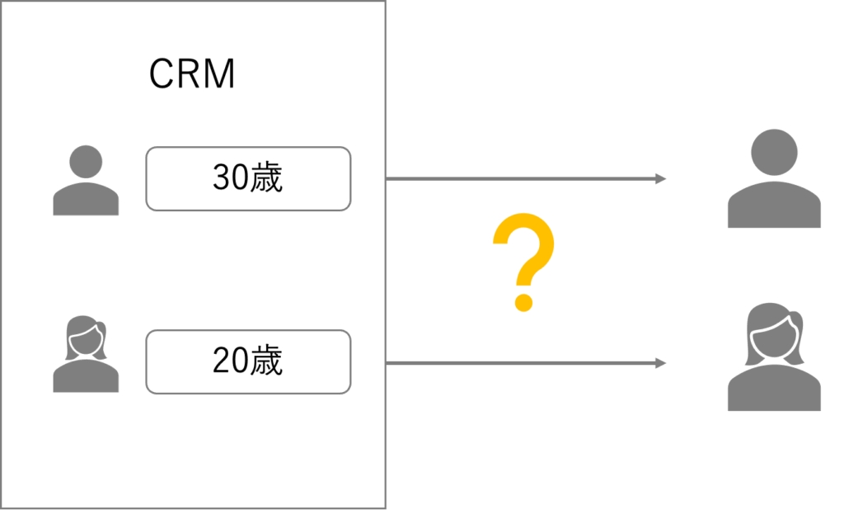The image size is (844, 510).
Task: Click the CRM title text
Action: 192,74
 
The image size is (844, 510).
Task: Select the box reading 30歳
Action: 248,178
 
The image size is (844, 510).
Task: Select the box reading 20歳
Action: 248,361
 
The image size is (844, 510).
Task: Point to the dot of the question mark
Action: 523,300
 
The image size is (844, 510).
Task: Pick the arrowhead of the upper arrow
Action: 661,178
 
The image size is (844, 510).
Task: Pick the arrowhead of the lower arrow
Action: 661,363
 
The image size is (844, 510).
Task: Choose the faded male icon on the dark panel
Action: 774,178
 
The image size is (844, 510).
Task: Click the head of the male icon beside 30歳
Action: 86,162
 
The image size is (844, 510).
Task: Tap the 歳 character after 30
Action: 266,178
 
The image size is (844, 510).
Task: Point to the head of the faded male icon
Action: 775,152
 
